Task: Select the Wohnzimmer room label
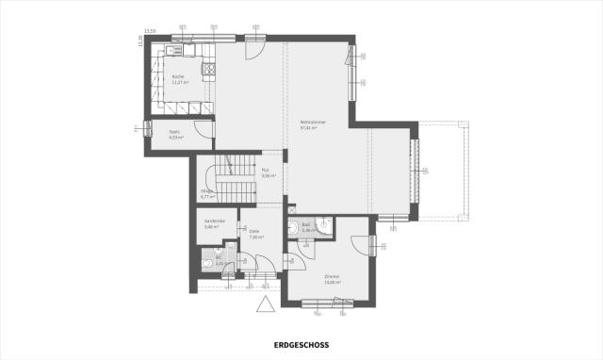coord(312,124)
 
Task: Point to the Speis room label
coord(173,133)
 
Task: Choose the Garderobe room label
coord(212,222)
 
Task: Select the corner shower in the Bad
coord(325,225)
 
